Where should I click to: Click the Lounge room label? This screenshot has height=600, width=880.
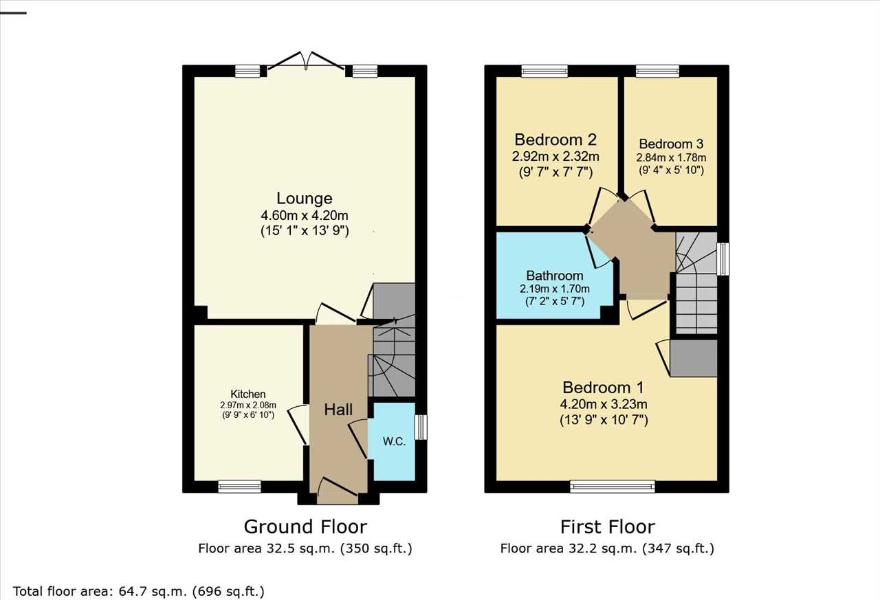[305, 199]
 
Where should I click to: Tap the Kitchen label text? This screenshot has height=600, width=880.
[248, 394]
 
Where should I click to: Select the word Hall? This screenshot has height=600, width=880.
[338, 410]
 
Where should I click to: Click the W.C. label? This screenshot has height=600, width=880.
[394, 442]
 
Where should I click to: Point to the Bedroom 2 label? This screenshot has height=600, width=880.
[555, 140]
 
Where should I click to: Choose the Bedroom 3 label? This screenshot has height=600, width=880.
[671, 144]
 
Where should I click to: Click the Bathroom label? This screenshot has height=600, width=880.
[555, 276]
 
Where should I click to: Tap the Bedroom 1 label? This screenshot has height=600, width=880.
[604, 388]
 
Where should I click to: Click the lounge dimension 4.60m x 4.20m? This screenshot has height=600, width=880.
[305, 216]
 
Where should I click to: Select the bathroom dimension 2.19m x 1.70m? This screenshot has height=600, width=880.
[555, 289]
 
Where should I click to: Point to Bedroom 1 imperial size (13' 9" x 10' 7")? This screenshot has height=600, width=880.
[604, 420]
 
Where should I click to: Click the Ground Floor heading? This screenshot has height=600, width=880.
[305, 526]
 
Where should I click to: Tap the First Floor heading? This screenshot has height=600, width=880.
[607, 526]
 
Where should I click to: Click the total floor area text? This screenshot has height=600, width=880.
[139, 591]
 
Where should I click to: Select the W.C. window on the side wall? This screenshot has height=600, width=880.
[421, 427]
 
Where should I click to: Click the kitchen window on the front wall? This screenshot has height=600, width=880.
[240, 487]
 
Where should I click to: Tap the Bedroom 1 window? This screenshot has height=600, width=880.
[613, 487]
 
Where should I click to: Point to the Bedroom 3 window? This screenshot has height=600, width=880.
[658, 71]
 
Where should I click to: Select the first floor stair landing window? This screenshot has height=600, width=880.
[723, 259]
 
